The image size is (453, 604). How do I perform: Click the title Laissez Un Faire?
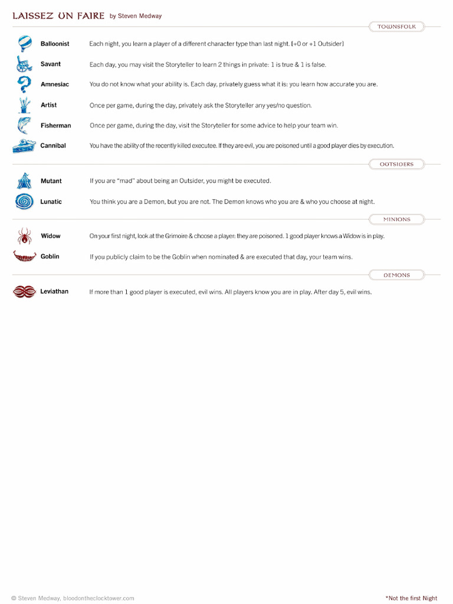pyautogui.click(x=58, y=16)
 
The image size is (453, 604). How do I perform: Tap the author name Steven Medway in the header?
pyautogui.click(x=139, y=17)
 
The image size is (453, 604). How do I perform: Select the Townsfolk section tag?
pyautogui.click(x=396, y=27)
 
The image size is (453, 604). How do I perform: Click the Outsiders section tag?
pyautogui.click(x=396, y=164)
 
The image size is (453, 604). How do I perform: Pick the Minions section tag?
pyautogui.click(x=396, y=219)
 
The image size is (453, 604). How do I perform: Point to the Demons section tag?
pyautogui.click(x=396, y=275)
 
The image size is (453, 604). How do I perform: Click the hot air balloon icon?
pyautogui.click(x=25, y=44)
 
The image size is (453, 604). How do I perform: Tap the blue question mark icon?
pyautogui.click(x=24, y=84)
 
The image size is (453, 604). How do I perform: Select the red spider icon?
pyautogui.click(x=24, y=236)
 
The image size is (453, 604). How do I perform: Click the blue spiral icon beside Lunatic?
pyautogui.click(x=24, y=202)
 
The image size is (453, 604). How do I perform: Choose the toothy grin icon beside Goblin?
pyautogui.click(x=24, y=257)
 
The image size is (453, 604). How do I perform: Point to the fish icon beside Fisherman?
pyautogui.click(x=24, y=126)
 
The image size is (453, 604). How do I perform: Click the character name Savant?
pyautogui.click(x=51, y=64)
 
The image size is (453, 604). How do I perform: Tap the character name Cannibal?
pyautogui.click(x=53, y=146)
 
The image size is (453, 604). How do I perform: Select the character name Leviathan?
pyautogui.click(x=54, y=291)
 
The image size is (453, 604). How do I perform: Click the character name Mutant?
pyautogui.click(x=51, y=181)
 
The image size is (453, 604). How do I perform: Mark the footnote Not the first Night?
pyautogui.click(x=411, y=598)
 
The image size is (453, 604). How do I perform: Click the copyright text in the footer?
pyautogui.click(x=73, y=598)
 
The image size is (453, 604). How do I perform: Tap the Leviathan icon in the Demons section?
pyautogui.click(x=24, y=291)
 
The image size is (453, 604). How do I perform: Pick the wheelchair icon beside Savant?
pyautogui.click(x=24, y=64)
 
